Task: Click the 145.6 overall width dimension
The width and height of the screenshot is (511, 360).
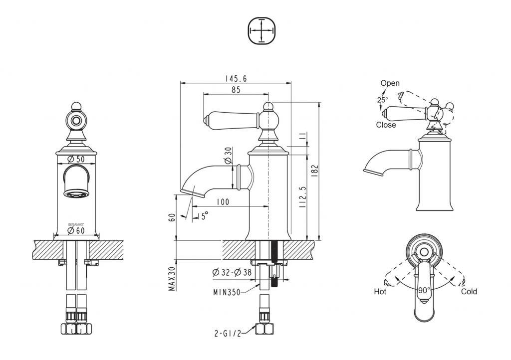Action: tap(236, 78)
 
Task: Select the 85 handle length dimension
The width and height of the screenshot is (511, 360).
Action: tap(236, 90)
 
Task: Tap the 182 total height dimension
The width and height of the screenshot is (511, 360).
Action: tap(314, 170)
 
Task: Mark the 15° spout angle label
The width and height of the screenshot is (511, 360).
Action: tap(202, 215)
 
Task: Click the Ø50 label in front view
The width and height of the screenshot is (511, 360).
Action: tap(76, 159)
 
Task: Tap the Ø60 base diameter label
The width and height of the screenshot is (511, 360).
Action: tap(76, 230)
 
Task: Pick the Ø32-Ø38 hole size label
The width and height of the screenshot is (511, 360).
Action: tap(233, 272)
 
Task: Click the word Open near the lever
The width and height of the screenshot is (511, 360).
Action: tap(390, 83)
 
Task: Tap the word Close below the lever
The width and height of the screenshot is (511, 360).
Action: tap(386, 125)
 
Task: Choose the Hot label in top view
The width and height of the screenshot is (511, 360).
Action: tap(380, 291)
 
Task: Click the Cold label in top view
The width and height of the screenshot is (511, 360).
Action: tap(469, 291)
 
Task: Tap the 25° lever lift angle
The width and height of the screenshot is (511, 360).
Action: tap(382, 100)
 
